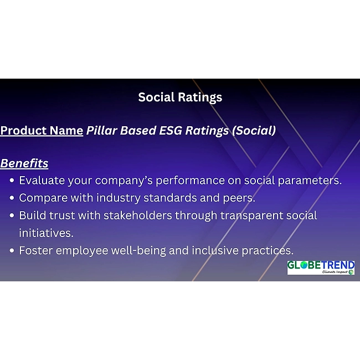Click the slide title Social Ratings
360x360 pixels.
pos(180,97)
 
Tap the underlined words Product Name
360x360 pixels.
pos(42,131)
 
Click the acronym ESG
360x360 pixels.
pos(171,130)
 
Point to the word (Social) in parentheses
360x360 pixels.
pos(254,131)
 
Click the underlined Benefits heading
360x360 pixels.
pos(24,163)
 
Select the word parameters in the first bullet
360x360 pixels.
pos(310,181)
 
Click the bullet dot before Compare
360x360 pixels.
pos(12,198)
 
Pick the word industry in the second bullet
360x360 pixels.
pos(118,198)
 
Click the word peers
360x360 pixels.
pos(239,198)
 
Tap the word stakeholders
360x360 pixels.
pos(138,215)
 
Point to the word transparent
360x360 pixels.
pos(251,216)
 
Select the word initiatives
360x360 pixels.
pos(46,233)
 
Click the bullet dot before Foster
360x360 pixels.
pos(12,250)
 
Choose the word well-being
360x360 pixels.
pos(138,251)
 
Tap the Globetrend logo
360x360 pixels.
pos(321,268)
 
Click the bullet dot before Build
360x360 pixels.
pos(12,215)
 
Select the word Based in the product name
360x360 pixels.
pos(138,130)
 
